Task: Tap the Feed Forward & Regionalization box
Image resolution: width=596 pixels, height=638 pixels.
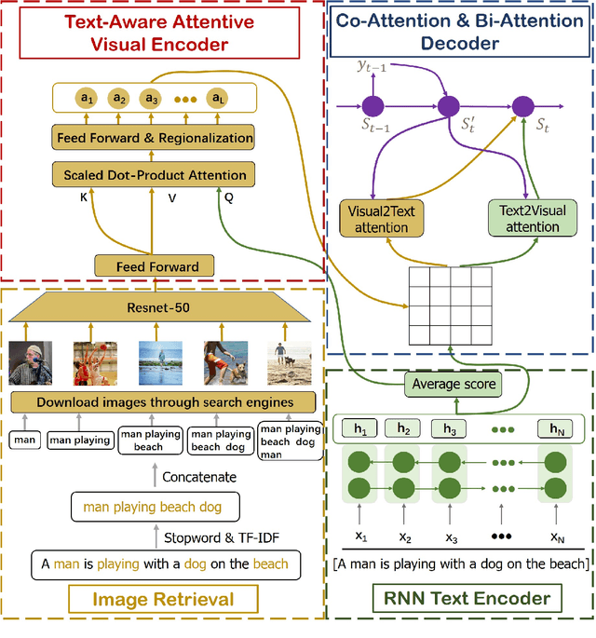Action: click(155, 138)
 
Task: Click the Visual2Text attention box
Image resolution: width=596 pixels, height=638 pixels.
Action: click(381, 220)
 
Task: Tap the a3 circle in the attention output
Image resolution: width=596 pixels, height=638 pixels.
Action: click(149, 98)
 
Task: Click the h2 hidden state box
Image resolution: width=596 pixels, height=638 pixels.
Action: click(403, 428)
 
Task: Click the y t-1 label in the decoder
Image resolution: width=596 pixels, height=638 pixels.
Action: click(371, 65)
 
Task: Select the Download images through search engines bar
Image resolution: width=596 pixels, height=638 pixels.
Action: click(163, 402)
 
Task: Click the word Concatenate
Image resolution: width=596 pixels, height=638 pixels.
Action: click(200, 477)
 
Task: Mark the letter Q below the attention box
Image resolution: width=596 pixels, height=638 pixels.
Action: click(228, 197)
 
